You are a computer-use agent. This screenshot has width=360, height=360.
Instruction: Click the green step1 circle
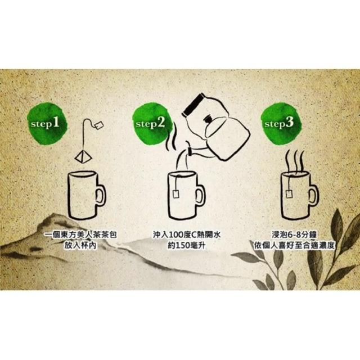point(47,124)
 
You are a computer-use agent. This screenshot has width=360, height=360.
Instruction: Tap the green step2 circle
point(152,124)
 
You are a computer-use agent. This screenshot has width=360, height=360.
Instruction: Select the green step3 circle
point(280,124)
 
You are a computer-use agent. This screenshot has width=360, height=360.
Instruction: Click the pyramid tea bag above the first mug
point(83,157)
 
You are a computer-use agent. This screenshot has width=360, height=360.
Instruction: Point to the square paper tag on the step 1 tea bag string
point(99,125)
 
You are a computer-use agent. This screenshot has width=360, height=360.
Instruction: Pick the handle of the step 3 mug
point(313,195)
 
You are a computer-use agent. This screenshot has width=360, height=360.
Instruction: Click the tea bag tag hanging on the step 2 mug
point(176,193)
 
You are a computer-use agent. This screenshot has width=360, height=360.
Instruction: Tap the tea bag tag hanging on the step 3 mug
point(289,193)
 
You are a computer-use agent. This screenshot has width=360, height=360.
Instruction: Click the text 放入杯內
point(80,246)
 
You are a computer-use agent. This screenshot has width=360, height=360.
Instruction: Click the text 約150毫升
point(186,246)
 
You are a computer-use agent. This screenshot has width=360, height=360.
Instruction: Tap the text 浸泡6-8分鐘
point(294,235)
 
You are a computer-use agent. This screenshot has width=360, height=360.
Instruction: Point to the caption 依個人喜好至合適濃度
point(294,246)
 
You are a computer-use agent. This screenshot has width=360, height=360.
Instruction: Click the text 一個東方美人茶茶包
point(80,235)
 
